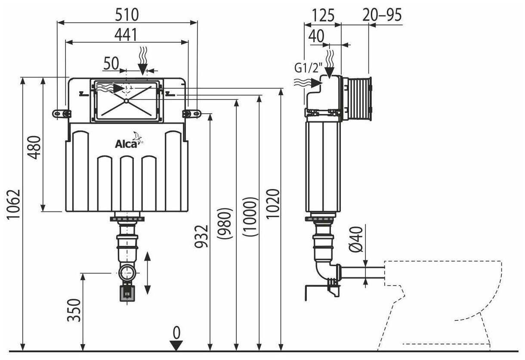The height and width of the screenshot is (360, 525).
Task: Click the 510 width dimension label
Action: point(127,15)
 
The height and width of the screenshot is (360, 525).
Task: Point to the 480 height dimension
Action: point(36,148)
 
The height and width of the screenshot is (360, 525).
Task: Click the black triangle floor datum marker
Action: point(176,345)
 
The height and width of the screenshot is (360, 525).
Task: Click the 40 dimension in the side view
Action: point(317,37)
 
